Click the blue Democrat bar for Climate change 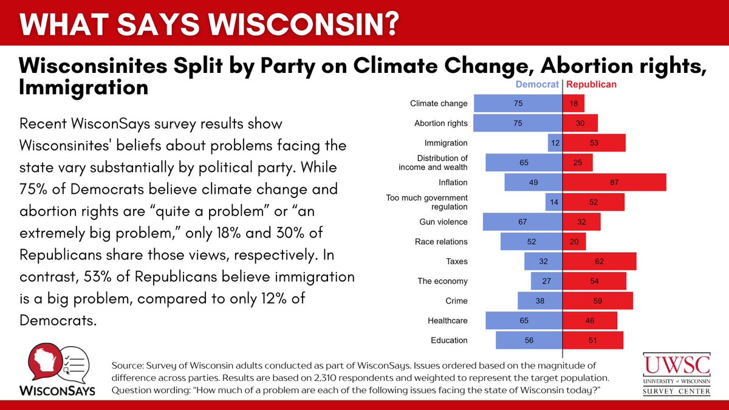click(x=518, y=103)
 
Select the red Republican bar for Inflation click(x=614, y=182)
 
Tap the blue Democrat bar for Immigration click(x=555, y=143)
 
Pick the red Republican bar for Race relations click(x=574, y=242)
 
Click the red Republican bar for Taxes click(x=599, y=261)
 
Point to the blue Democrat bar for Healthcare click(x=524, y=321)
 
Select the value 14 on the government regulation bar click(x=553, y=202)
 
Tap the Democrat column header click(x=537, y=84)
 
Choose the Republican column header click(x=591, y=84)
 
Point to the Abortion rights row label click(x=440, y=123)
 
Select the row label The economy click(x=442, y=281)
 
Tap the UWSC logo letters click(x=677, y=365)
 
